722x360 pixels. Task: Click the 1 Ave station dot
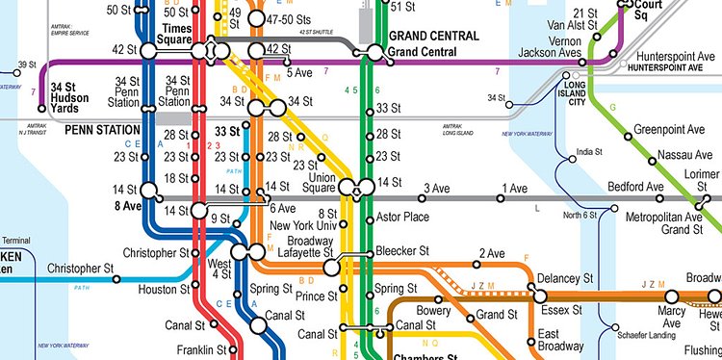pos(500,199)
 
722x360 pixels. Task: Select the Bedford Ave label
pos(641,186)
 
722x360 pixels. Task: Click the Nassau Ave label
pos(685,155)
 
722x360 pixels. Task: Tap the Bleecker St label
pos(401,250)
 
